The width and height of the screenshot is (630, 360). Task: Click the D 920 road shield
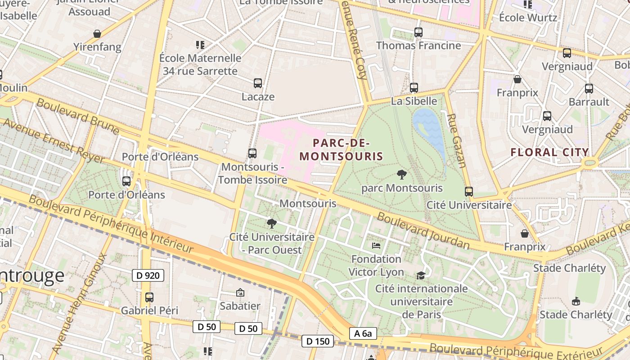point(148,275)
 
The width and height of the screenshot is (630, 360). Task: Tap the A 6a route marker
point(363,333)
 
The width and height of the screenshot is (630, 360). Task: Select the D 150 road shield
point(318,341)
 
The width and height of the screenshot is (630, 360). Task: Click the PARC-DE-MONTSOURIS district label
point(341,150)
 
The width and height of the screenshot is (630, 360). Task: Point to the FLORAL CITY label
point(549,152)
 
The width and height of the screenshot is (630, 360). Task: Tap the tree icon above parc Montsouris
point(401,175)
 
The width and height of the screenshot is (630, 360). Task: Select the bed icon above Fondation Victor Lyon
point(376,245)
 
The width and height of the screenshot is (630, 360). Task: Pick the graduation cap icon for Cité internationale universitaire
point(421,275)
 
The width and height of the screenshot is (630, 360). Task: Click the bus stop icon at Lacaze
point(257,83)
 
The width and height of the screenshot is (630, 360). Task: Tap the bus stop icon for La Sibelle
point(414,88)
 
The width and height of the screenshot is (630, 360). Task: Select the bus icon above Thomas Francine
point(418,32)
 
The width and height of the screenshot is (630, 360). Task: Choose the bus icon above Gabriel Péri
point(149,297)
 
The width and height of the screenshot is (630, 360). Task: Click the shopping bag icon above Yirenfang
point(97,34)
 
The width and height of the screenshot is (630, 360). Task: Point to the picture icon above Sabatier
point(240,292)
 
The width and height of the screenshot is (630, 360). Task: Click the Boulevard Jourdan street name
point(423,231)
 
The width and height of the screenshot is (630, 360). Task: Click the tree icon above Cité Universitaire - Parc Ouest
point(271,223)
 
